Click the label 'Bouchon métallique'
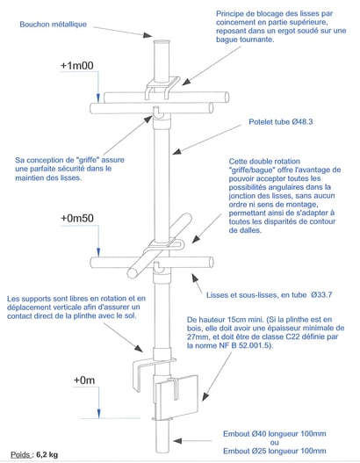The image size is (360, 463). coord(53,25)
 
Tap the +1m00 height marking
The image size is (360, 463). coord(77,66)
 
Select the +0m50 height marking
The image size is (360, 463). coord(77,218)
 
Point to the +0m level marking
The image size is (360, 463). coord(84,380)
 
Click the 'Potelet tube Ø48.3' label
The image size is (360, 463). coord(281,122)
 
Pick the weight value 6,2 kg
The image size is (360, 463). coord(47,454)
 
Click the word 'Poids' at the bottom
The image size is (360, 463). coord(20,454)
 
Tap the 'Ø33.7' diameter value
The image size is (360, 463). coord(321,294)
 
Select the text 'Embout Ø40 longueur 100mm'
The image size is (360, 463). coord(275,434)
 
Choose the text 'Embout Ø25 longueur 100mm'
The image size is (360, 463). coord(275,451)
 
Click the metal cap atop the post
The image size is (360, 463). coord(162,42)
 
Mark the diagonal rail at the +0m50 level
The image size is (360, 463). coord(159,246)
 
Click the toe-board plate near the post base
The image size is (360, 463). coord(176,397)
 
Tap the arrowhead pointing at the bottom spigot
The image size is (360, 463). coord(177,441)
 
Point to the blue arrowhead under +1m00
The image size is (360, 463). coord(98,98)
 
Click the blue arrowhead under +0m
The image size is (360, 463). coord(99,414)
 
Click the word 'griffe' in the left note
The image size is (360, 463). coord(87,160)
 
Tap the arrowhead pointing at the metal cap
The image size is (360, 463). coord(148,35)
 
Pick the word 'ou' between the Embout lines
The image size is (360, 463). coord(275,442)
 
